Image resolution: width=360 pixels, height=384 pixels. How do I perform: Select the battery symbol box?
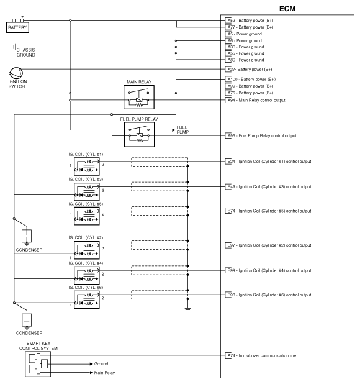pos(17,27)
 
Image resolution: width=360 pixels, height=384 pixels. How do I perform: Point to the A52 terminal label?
pos(230,20)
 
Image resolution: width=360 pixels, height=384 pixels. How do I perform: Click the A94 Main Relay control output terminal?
pos(230,100)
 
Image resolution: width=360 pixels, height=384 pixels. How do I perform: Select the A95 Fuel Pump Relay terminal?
pos(230,135)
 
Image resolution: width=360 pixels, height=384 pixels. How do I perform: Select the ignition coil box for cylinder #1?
pos(88,166)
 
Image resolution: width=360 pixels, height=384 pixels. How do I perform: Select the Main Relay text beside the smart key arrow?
pos(106,373)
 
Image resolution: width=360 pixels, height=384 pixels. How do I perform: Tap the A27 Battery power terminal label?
pos(230,69)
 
